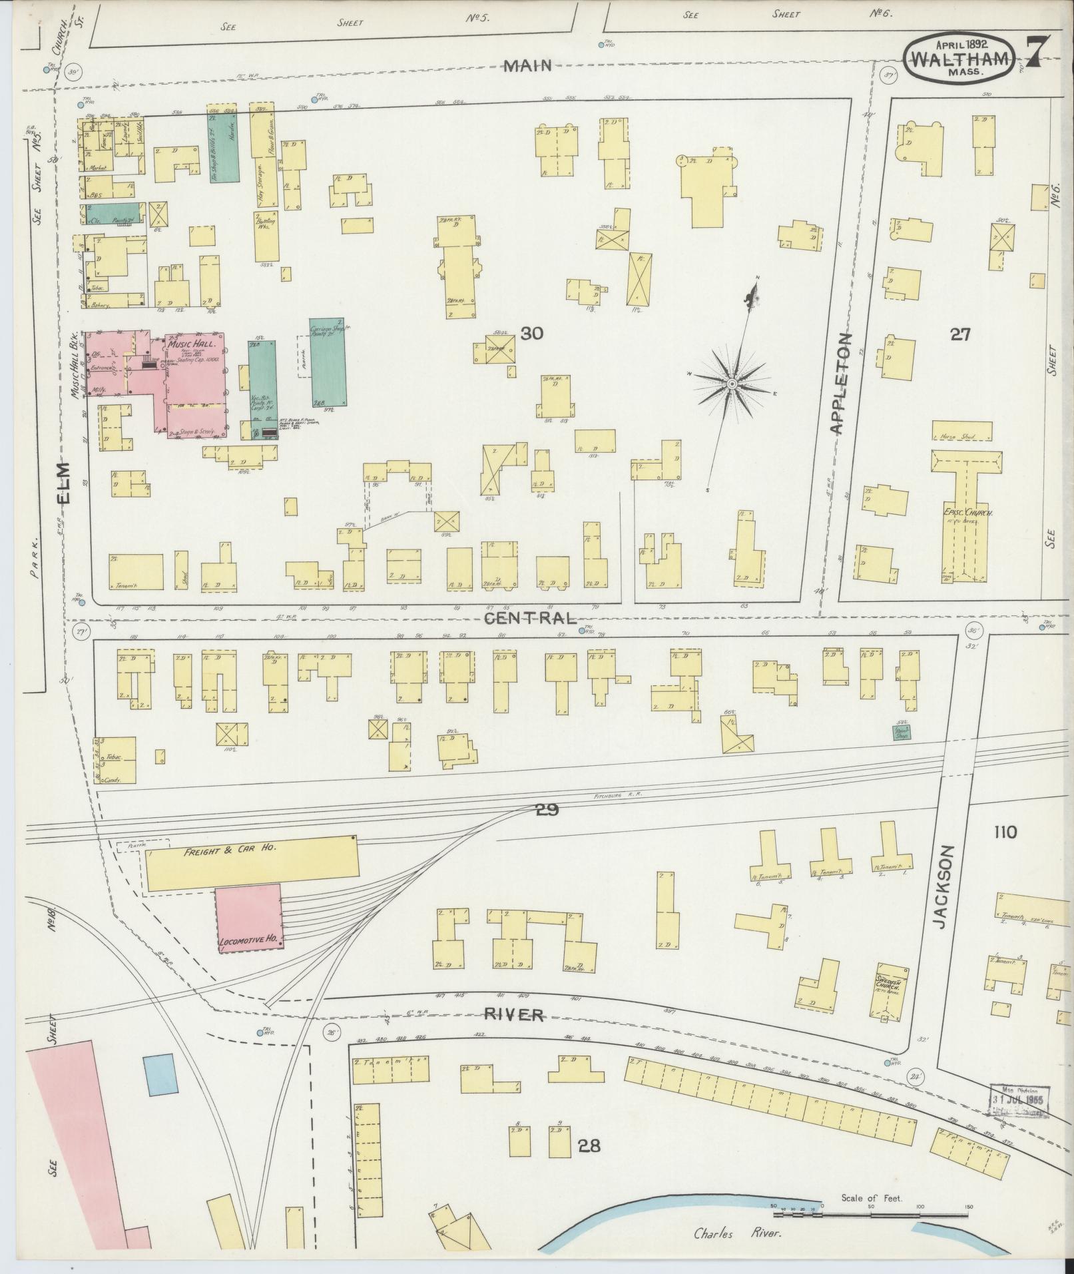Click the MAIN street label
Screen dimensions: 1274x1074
[x=528, y=65]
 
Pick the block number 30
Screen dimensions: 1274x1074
[x=532, y=334]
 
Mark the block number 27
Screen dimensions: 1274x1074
[x=959, y=334]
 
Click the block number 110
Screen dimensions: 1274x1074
[x=1005, y=832]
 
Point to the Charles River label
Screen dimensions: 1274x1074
[x=737, y=1234]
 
